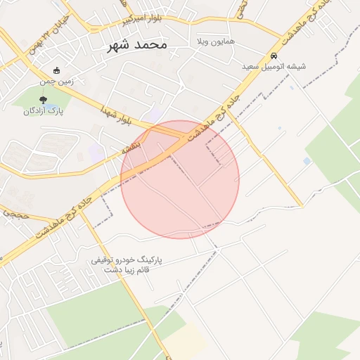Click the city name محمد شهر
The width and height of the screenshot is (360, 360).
click(138, 44)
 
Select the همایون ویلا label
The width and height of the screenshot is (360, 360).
click(216, 42)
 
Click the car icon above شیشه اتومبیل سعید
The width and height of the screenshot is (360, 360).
click(274, 56)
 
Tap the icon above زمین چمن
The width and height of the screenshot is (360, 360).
click(57, 70)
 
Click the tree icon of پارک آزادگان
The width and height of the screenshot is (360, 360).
click(44, 99)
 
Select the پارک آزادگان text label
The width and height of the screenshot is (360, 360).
click(44, 110)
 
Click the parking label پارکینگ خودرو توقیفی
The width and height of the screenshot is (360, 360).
click(127, 259)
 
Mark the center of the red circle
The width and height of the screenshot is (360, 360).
click(180, 179)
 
